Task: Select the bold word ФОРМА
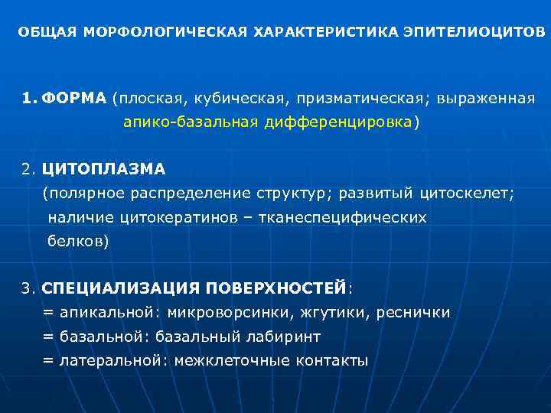[73, 99]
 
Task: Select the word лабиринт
[279, 337]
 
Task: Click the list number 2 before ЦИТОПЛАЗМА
[27, 168]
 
